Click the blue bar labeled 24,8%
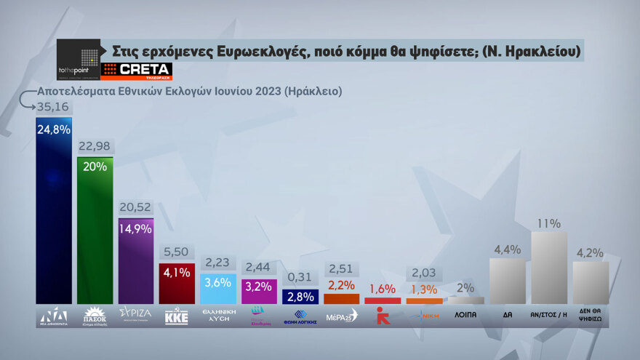(54, 211)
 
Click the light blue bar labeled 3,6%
(218, 289)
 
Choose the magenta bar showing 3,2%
(260, 291)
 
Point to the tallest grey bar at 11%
(549, 268)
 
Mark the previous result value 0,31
(300, 278)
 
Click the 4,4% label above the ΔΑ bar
(508, 250)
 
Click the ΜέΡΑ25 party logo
(341, 316)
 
